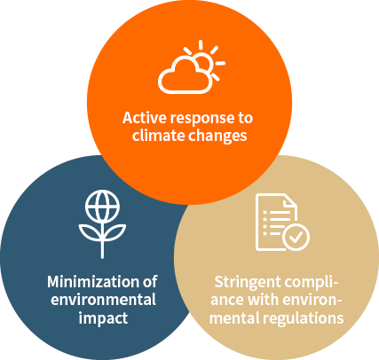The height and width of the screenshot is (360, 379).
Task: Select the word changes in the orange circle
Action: click(x=217, y=137)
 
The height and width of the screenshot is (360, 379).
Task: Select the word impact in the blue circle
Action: click(x=103, y=318)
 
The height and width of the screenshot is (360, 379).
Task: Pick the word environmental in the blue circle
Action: click(x=103, y=300)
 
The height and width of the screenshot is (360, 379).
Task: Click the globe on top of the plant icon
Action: click(x=102, y=207)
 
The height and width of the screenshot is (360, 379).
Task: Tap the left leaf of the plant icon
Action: click(x=90, y=232)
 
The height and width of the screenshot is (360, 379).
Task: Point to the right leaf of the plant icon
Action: click(x=115, y=232)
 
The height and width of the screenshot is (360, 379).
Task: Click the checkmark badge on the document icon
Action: click(x=296, y=237)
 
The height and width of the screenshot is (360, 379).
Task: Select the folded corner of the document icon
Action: click(x=289, y=201)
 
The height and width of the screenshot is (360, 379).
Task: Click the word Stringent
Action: click(x=244, y=283)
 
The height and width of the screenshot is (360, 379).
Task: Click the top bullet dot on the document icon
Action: click(x=265, y=213)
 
